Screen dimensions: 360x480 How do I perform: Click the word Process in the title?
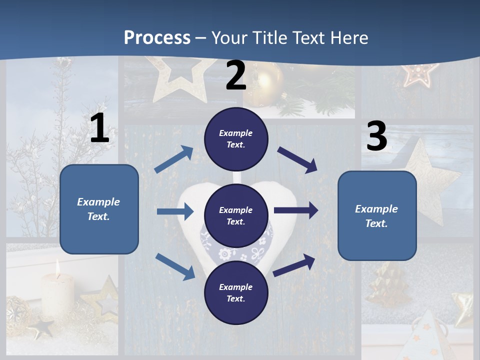157,37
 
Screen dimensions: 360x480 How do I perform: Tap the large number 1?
99,128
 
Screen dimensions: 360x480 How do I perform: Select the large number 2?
236,75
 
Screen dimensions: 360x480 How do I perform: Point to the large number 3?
376,136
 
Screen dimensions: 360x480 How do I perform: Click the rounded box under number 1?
99,209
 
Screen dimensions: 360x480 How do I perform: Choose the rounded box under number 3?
377,215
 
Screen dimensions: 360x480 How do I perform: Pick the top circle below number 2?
236,138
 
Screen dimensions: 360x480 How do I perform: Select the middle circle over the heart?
236,215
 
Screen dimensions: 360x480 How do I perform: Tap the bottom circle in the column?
236,292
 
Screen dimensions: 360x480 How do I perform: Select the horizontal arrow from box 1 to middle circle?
175,211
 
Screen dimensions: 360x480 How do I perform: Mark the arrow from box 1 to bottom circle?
175,266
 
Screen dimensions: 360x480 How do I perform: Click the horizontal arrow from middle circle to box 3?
296,210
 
